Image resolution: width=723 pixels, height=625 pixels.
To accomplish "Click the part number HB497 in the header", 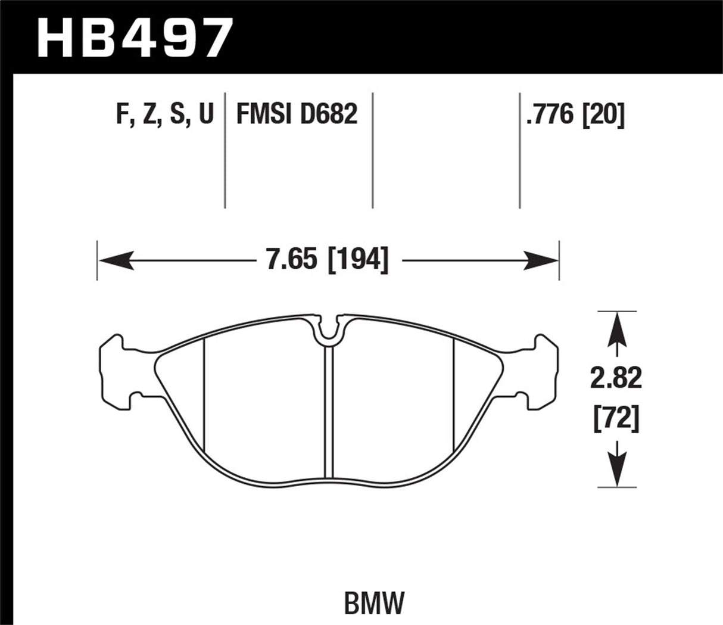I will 134,37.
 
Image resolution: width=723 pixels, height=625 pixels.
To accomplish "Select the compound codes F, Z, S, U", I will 164,114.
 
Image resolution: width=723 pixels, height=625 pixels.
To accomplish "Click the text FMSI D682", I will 297,114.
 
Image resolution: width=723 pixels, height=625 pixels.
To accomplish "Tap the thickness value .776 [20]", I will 575,114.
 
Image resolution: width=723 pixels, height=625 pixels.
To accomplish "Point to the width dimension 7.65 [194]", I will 327,260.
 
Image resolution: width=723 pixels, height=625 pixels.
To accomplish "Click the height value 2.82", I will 616,378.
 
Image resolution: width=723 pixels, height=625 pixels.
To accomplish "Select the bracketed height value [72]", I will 616,421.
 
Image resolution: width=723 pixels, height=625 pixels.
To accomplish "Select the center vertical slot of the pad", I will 328,411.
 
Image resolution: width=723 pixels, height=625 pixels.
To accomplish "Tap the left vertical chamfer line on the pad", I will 204,393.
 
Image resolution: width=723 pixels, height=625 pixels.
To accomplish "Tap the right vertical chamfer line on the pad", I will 454,393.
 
